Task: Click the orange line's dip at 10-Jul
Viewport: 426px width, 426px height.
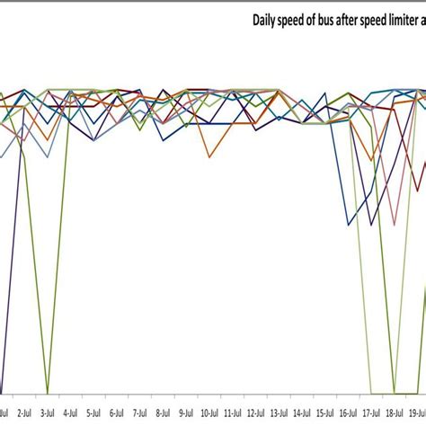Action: (x=209, y=158)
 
